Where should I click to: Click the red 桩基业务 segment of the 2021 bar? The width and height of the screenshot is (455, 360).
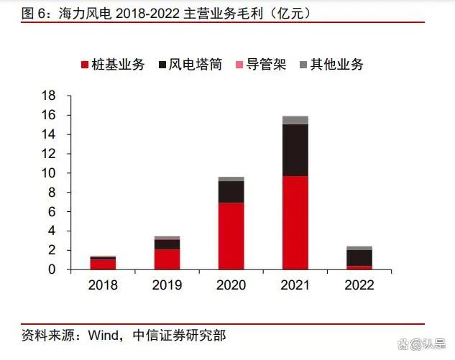coord(295,222)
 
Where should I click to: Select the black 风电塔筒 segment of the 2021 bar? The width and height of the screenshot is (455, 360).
coord(295,149)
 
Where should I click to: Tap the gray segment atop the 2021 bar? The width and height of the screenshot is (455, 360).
coord(295,120)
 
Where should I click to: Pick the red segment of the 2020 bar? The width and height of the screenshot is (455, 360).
coord(231,236)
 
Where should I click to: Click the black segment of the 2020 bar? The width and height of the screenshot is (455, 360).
coord(231,192)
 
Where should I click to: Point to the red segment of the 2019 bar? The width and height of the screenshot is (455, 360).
coord(167,259)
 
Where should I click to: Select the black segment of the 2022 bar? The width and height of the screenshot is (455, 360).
coord(359,257)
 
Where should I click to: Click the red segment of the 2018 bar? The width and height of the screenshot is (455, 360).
coord(103,264)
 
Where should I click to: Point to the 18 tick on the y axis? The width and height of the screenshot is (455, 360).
coord(49,96)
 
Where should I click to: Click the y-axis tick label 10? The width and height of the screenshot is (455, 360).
coord(49,173)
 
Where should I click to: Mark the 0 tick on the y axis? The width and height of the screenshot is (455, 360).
coord(52,269)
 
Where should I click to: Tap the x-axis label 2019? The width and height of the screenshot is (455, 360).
coord(167,285)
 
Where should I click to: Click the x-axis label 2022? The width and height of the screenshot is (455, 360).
coord(359,285)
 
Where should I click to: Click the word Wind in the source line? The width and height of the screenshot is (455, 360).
coord(104,334)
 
